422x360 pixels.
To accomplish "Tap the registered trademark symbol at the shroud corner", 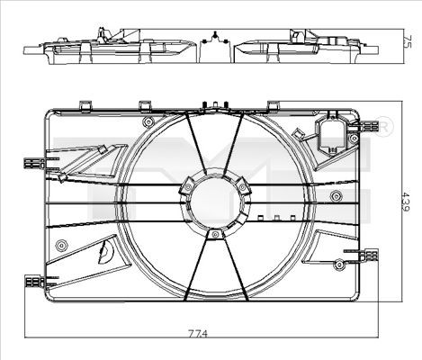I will click(383, 123).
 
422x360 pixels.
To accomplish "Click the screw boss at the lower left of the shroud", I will click(61, 245).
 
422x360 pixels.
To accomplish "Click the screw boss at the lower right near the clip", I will click(339, 264).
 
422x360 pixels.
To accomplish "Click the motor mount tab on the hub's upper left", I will click(184, 185).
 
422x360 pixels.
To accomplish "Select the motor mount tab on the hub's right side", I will click(244, 184).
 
